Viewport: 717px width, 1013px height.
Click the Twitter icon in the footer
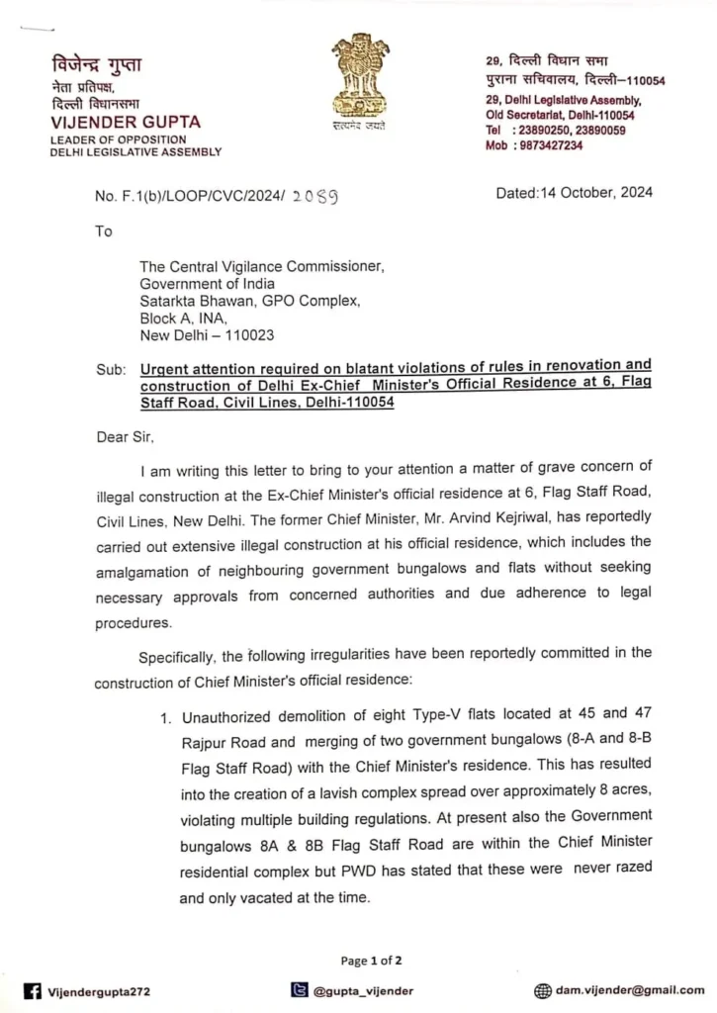point(298,990)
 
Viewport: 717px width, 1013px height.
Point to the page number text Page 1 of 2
point(371,960)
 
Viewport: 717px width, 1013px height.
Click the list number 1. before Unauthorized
point(167,717)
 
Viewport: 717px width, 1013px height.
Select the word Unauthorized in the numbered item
point(230,717)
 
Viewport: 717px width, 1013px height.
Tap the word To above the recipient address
point(104,231)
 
